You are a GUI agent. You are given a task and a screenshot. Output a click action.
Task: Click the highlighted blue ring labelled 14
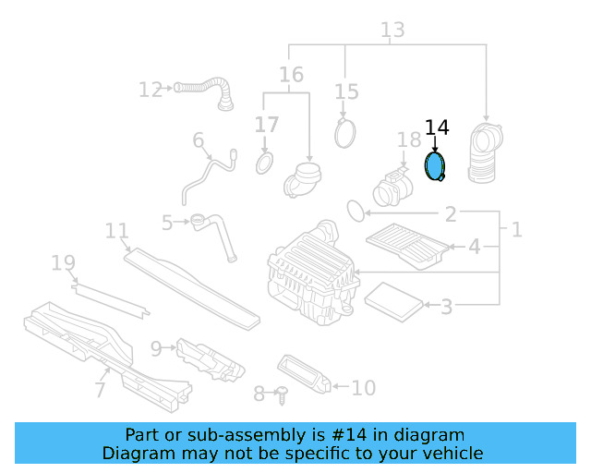pos(434,167)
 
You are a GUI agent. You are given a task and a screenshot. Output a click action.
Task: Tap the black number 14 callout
pos(436,128)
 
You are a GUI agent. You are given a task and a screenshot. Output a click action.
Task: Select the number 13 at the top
pos(392,30)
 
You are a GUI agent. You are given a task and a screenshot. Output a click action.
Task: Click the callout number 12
pos(151,90)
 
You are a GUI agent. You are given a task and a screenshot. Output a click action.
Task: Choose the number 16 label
pos(291,75)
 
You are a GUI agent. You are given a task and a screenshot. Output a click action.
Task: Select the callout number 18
pos(408,140)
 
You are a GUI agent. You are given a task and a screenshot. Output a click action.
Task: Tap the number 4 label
pos(474,247)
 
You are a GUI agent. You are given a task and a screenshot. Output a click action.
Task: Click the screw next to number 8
pos(282,394)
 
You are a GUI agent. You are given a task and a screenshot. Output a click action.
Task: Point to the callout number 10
pos(364,388)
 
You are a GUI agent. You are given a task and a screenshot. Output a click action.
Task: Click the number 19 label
pos(63,265)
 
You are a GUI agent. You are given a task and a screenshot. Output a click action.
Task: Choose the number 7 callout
pos(100,391)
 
